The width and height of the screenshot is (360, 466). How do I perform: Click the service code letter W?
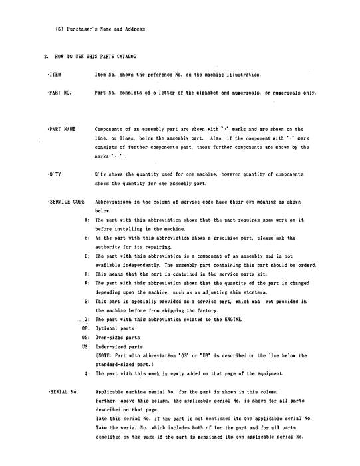click(x=87, y=219)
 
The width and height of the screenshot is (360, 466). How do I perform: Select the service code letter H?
click(x=87, y=237)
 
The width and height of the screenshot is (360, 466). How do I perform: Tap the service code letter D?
click(x=87, y=256)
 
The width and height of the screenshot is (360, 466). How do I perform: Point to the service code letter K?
click(x=87, y=273)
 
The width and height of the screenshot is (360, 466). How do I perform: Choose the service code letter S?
click(x=87, y=301)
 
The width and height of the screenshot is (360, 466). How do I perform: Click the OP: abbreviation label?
click(x=85, y=329)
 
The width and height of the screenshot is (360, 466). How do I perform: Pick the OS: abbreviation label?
click(x=85, y=338)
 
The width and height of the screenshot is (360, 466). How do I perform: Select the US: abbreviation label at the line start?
click(x=85, y=347)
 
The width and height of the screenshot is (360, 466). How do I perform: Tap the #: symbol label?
click(x=87, y=374)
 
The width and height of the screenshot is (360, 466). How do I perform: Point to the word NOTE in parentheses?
click(x=104, y=355)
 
